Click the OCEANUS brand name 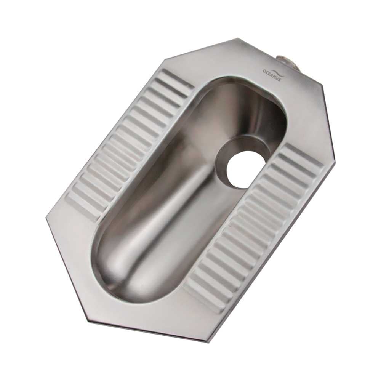click(272, 75)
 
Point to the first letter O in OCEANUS click(264, 71)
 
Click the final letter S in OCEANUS click(280, 79)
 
